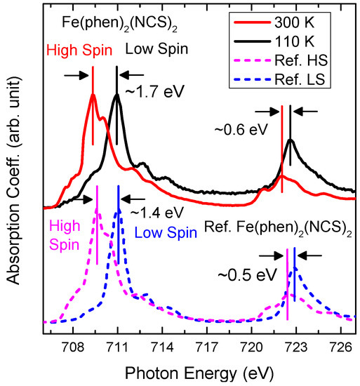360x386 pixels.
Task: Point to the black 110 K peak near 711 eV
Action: coord(117,95)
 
